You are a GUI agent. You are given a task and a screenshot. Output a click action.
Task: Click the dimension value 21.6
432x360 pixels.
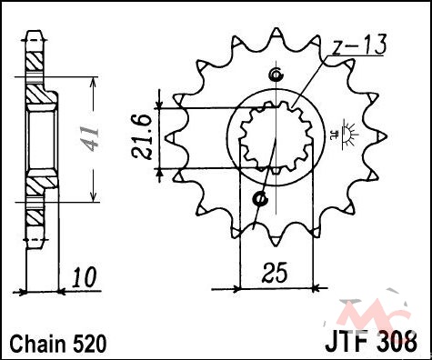tap(141, 138)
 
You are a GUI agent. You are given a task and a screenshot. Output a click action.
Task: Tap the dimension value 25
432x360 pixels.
tap(275, 273)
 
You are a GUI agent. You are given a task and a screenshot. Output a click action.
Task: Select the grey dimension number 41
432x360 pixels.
tap(90, 139)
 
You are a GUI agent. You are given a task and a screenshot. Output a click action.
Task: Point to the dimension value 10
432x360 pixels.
tap(84, 277)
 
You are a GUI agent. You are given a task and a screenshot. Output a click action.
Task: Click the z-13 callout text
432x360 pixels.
tap(358, 45)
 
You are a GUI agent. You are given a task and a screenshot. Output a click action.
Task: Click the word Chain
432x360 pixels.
tap(37, 344)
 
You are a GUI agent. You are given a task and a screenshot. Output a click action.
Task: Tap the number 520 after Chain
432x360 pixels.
tap(89, 344)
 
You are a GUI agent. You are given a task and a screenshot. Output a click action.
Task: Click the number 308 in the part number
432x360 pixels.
tap(397, 343)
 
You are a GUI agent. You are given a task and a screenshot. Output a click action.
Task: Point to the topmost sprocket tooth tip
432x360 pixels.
tap(276, 29)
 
